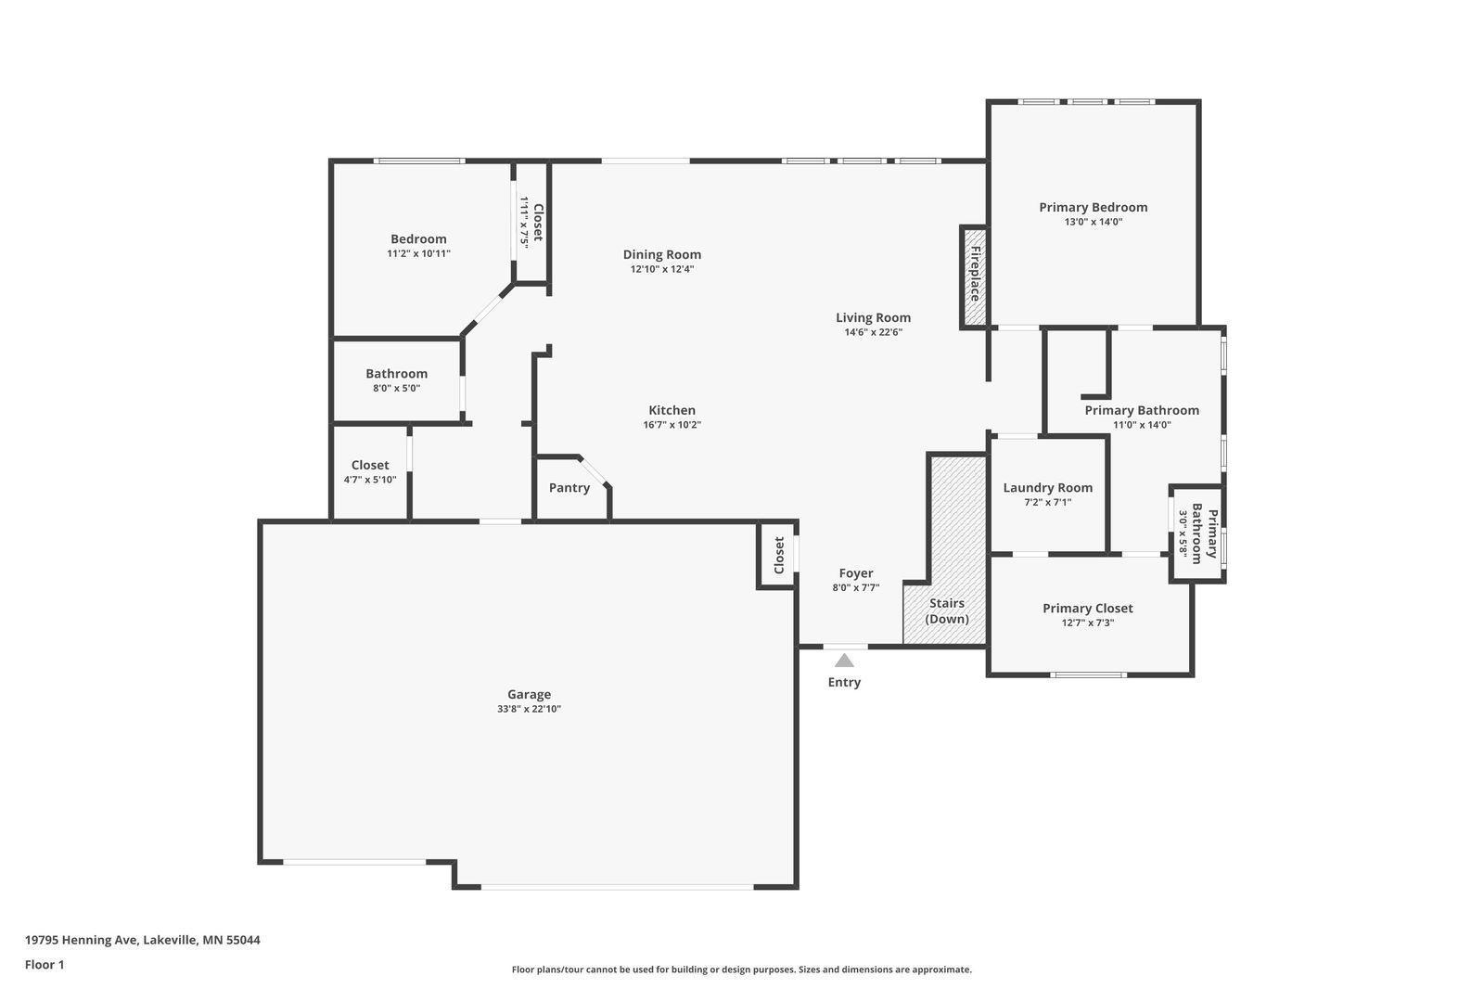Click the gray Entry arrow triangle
click(844, 661)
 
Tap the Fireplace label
click(975, 274)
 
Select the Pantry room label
click(569, 488)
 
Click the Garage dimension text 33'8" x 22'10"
click(530, 709)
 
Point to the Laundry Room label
click(1048, 488)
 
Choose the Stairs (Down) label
click(947, 611)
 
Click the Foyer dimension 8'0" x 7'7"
click(856, 587)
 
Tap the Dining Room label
click(662, 254)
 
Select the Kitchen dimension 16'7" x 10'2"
click(672, 425)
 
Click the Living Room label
click(873, 317)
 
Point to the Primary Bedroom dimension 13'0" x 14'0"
click(1094, 222)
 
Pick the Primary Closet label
click(1088, 609)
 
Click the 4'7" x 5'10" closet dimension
click(370, 480)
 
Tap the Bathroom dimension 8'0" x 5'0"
click(396, 389)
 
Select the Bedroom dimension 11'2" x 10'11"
click(418, 254)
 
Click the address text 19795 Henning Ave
click(82, 940)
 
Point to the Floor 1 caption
click(45, 965)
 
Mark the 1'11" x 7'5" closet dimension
click(524, 222)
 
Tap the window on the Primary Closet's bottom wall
click(1089, 674)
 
